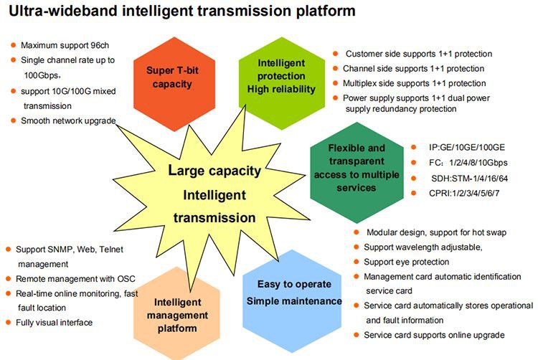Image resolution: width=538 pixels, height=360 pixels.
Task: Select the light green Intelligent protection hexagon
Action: (x=280, y=75)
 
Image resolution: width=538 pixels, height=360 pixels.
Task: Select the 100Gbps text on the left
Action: (x=42, y=75)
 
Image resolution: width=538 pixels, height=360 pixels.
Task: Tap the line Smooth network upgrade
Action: (x=67, y=120)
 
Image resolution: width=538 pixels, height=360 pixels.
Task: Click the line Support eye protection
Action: (x=406, y=262)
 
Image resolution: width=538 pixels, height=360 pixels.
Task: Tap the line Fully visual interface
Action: (x=55, y=323)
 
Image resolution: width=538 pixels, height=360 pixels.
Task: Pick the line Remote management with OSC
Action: (x=75, y=278)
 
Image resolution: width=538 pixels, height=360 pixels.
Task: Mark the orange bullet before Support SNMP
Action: (x=9, y=249)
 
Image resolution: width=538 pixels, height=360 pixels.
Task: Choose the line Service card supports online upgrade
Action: (x=435, y=335)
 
